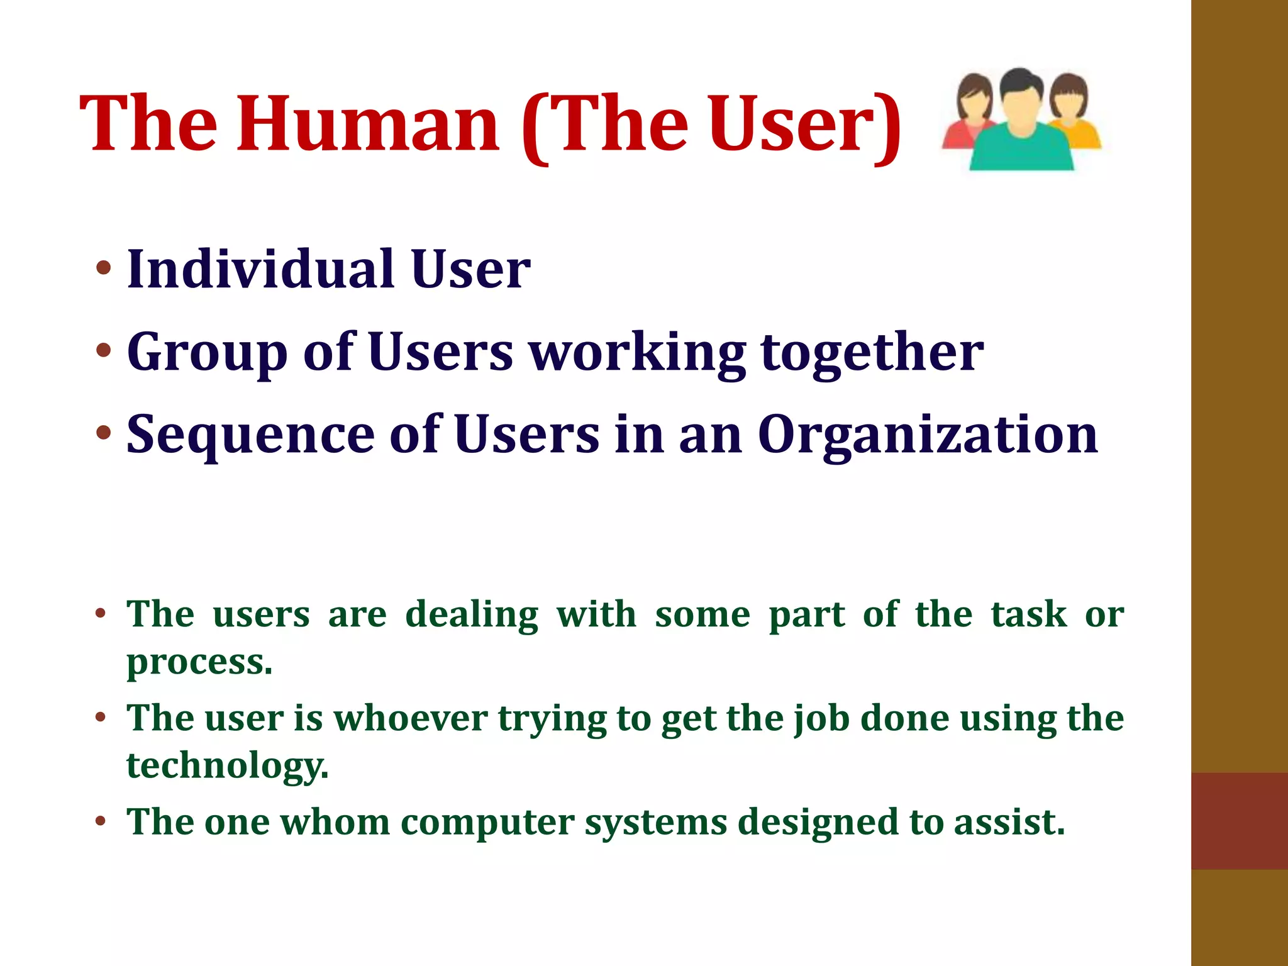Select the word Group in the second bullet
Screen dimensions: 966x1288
(208, 352)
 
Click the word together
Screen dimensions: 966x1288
(872, 352)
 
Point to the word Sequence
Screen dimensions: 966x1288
(250, 435)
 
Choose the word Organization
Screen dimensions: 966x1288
(928, 435)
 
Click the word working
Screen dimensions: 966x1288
(638, 352)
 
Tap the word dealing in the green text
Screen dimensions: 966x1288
(472, 614)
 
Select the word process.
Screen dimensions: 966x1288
(199, 662)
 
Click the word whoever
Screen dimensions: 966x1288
(410, 718)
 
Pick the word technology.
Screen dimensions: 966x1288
(227, 766)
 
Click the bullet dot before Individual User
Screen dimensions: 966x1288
(104, 269)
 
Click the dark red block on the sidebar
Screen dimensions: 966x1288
(1239, 821)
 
